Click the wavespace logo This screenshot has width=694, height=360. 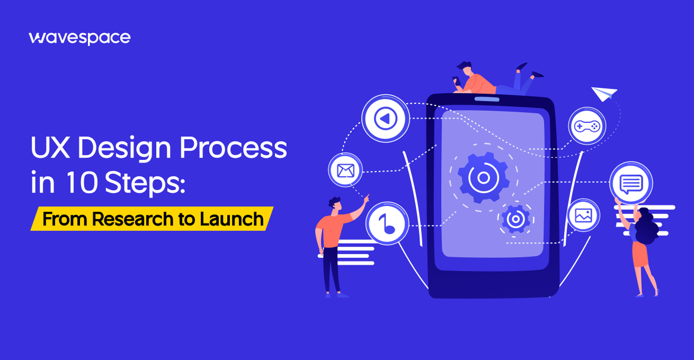79,38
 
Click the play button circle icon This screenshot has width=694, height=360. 385,119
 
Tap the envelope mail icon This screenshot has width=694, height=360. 345,170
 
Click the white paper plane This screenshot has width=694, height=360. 604,94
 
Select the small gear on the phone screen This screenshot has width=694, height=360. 515,219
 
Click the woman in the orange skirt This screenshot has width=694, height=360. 643,249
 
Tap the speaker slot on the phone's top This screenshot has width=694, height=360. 487,98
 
